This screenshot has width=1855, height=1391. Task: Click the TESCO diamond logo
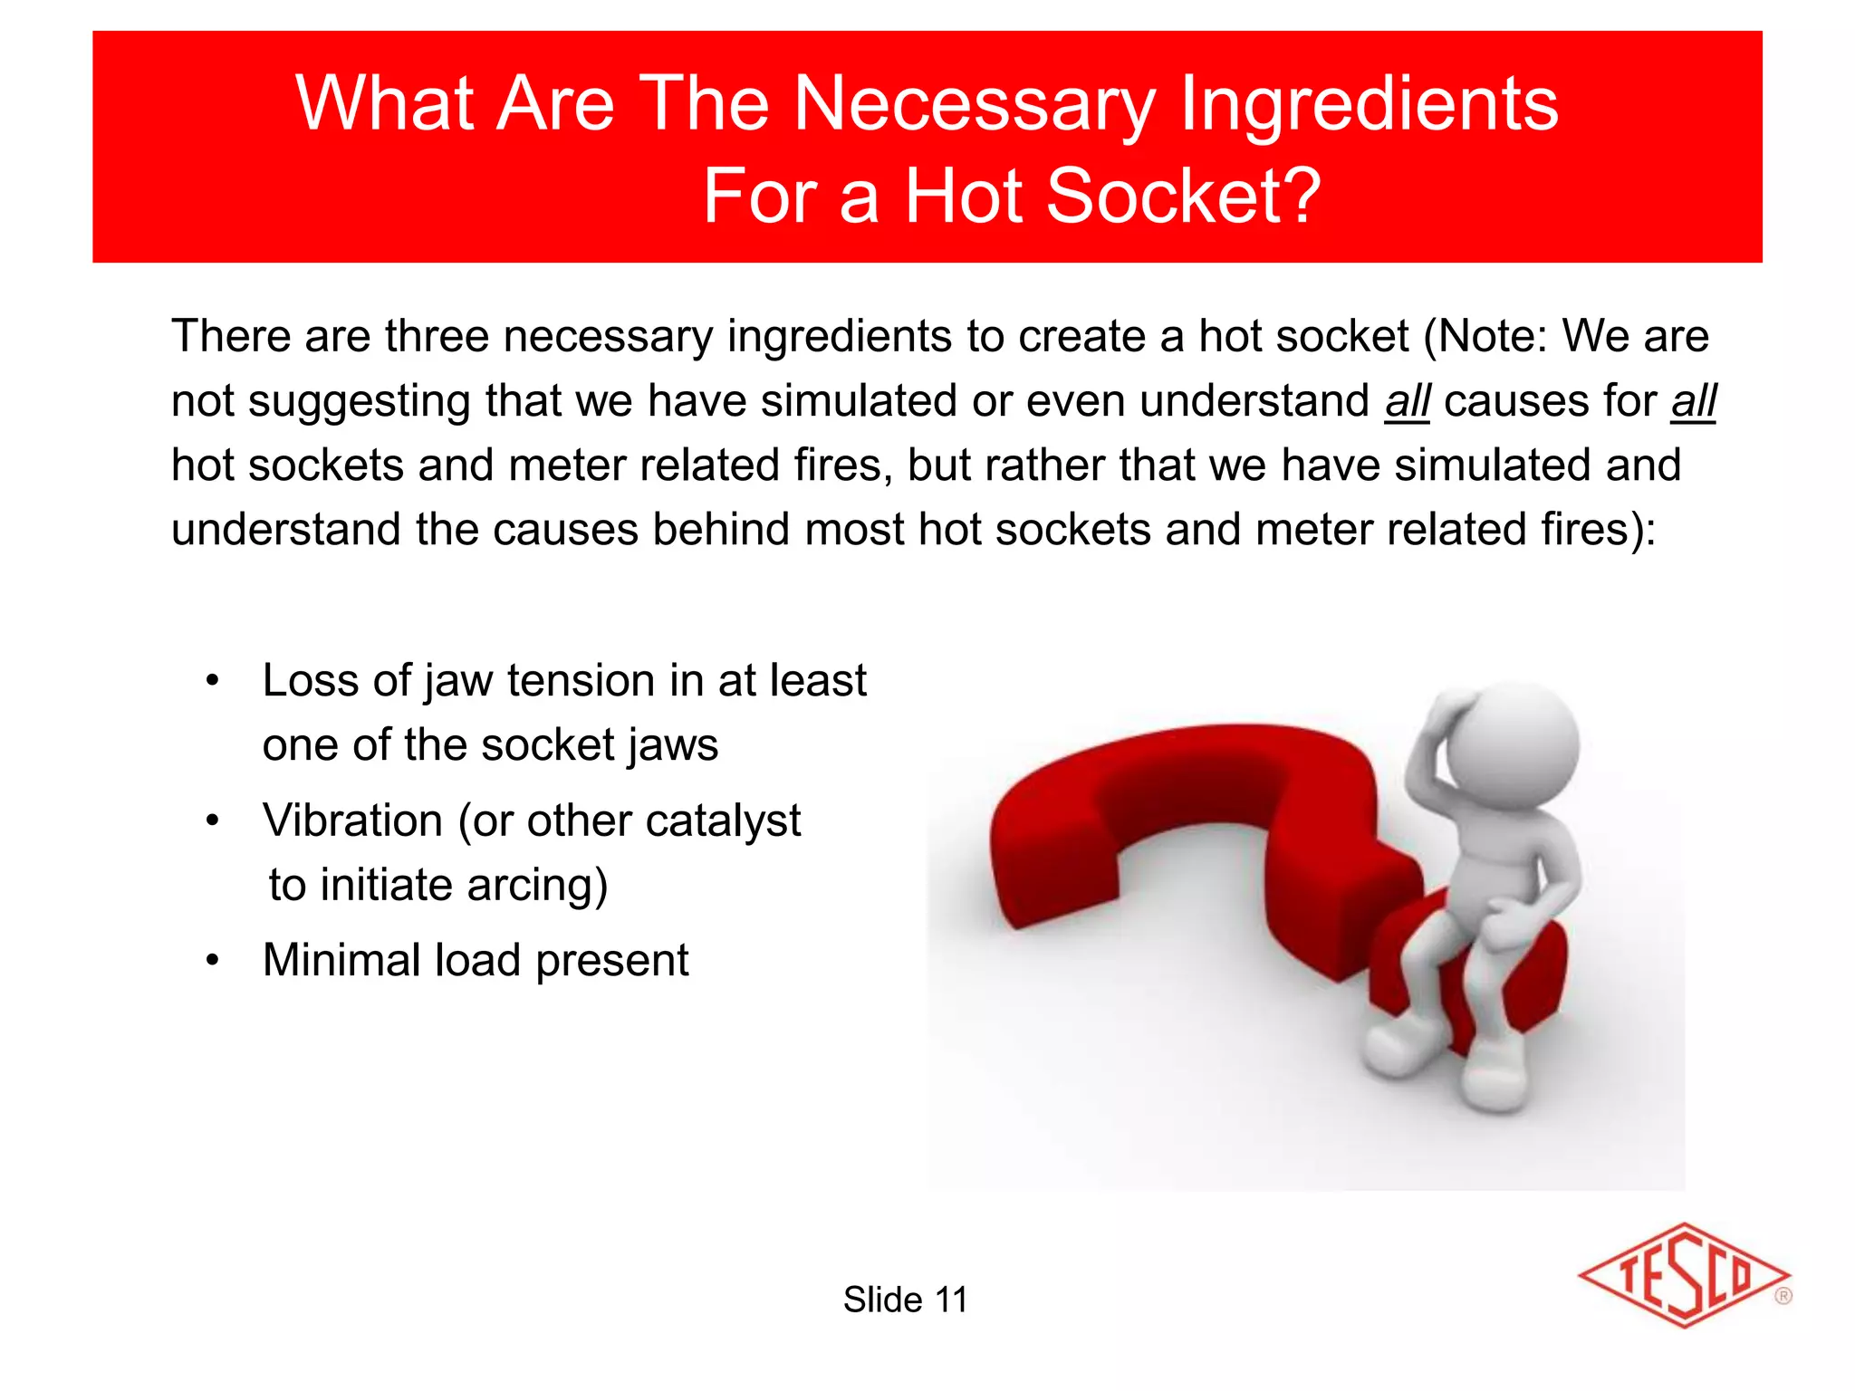click(x=1683, y=1275)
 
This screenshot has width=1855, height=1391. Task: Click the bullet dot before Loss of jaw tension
click(x=212, y=681)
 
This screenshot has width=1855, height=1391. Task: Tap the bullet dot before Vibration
click(x=212, y=821)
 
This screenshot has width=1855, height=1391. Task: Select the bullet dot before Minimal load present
click(x=212, y=960)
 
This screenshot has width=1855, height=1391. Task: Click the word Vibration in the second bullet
click(x=352, y=821)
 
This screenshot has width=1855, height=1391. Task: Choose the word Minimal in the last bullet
click(x=341, y=960)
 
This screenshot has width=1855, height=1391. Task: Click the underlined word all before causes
click(x=1407, y=401)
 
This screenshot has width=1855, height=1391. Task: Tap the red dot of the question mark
click(x=1467, y=969)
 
